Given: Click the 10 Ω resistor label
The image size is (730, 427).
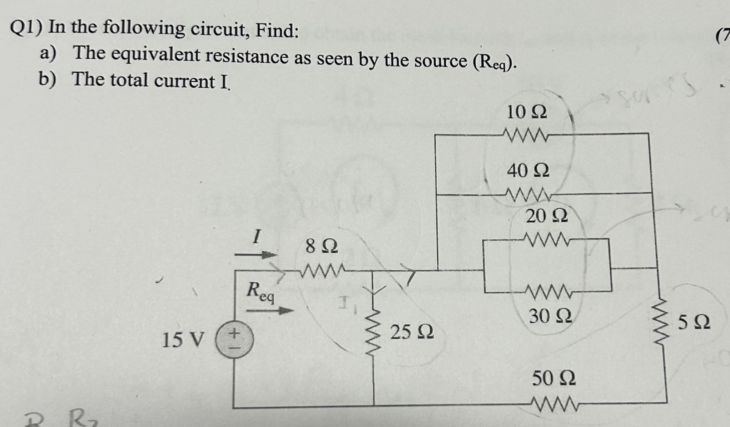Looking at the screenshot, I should [x=526, y=112].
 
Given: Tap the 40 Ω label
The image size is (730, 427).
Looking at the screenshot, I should [x=528, y=170].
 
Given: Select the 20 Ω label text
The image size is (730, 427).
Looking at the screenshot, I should [x=546, y=216].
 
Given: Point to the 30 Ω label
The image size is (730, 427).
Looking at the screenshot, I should [x=550, y=316].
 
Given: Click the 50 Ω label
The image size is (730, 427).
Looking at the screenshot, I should [x=553, y=378].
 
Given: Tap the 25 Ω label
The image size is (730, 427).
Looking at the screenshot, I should [x=412, y=332].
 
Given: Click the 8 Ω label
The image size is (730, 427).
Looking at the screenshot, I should [x=321, y=247].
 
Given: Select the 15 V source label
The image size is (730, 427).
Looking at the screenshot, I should [x=183, y=340].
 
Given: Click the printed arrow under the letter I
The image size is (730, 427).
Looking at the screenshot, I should [x=255, y=255].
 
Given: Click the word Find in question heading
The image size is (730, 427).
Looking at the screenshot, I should [x=276, y=30].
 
